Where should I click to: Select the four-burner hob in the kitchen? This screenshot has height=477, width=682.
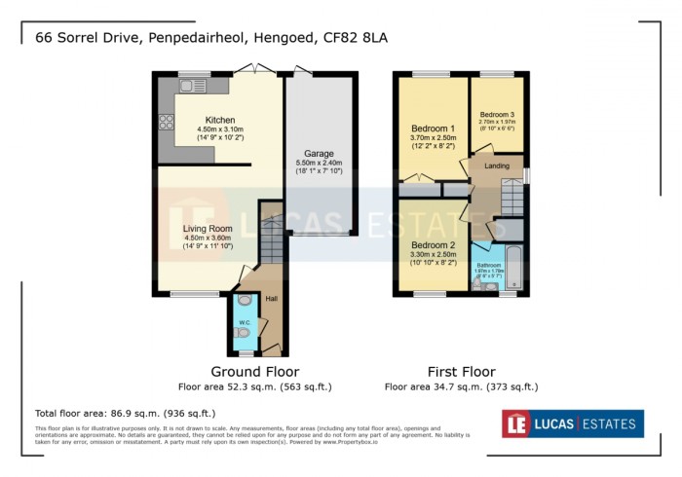(167, 124)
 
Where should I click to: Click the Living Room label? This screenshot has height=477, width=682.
(208, 229)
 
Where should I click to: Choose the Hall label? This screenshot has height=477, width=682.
(272, 299)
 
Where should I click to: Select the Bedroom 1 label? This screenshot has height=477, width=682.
(433, 128)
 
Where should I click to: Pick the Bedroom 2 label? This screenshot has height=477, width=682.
(433, 244)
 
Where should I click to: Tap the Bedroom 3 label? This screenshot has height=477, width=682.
(496, 114)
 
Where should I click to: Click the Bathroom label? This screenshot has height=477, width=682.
(488, 264)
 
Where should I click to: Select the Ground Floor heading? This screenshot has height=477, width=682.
(255, 372)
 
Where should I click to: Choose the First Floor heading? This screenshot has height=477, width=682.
(462, 372)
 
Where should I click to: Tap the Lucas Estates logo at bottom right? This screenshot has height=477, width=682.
(572, 423)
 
